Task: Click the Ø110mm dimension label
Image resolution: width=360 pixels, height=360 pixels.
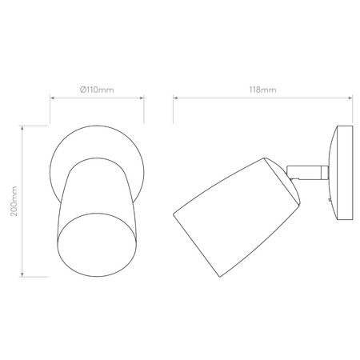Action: tap(97, 89)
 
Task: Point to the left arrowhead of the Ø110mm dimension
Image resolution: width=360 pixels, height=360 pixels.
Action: tap(52, 99)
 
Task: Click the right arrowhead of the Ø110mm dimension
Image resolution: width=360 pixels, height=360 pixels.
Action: tap(142, 99)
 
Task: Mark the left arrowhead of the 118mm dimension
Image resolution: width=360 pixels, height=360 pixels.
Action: tap(175, 99)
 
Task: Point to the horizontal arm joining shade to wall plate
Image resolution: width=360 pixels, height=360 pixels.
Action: tap(311, 170)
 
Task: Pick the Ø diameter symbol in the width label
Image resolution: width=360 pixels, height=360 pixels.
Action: tap(84, 89)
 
